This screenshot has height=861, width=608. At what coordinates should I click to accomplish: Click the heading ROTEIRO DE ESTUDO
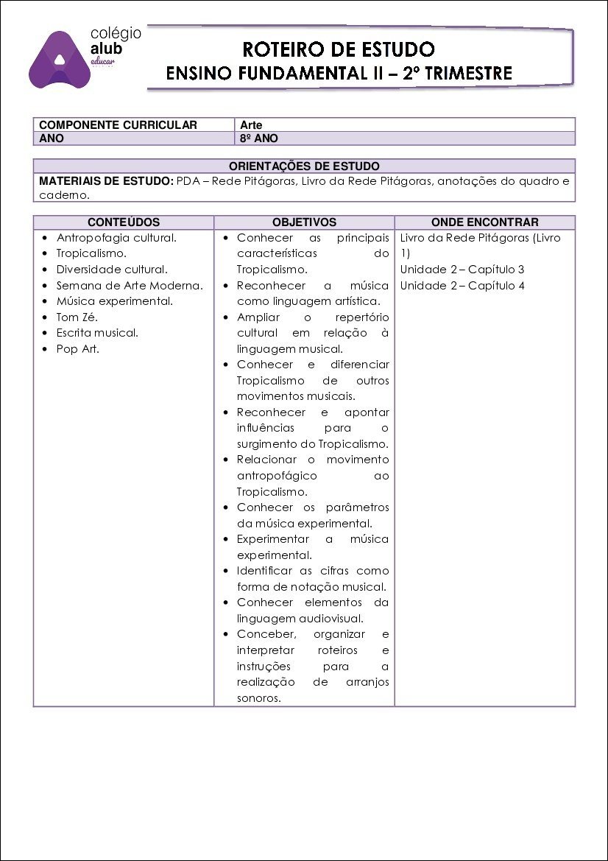pyautogui.click(x=339, y=49)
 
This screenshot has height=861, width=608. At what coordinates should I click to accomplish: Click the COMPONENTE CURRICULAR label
pyautogui.click(x=118, y=125)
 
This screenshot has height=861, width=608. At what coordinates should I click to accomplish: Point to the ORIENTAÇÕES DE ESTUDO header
pyautogui.click(x=304, y=166)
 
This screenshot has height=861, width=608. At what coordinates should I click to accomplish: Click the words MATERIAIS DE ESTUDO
pyautogui.click(x=106, y=180)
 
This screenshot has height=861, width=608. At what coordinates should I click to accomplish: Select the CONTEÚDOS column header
pyautogui.click(x=124, y=222)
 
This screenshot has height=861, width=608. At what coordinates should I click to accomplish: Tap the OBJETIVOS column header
pyautogui.click(x=304, y=222)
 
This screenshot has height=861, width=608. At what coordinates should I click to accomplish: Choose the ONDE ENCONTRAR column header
pyautogui.click(x=484, y=222)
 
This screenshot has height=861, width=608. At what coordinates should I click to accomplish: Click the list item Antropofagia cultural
pyautogui.click(x=116, y=238)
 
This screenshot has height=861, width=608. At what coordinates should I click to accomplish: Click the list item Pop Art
pyautogui.click(x=77, y=349)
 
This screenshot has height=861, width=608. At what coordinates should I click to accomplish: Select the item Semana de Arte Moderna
pyautogui.click(x=130, y=286)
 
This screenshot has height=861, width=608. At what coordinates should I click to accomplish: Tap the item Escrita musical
pyautogui.click(x=97, y=333)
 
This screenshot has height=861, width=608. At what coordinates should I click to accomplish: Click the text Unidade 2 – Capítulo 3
pyautogui.click(x=462, y=270)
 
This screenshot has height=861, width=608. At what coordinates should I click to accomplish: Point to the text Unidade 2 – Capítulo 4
pyautogui.click(x=462, y=286)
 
